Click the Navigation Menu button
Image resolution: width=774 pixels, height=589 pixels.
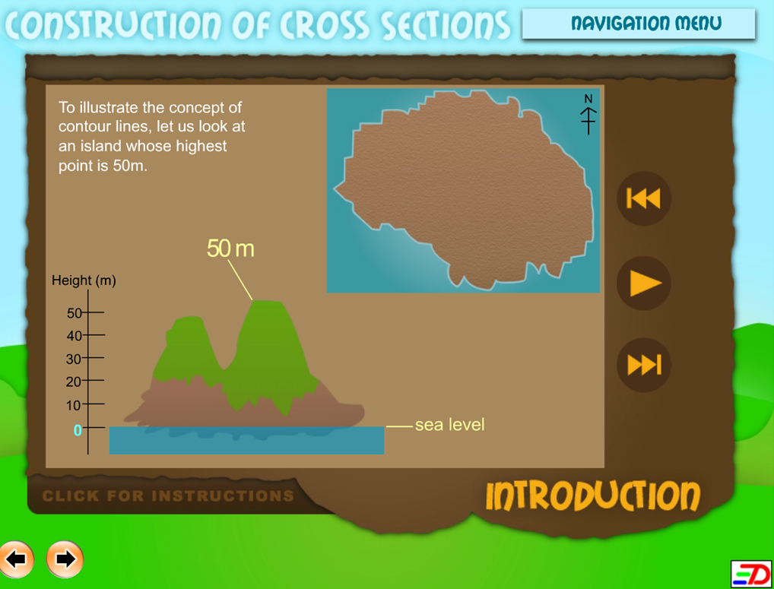[639, 24]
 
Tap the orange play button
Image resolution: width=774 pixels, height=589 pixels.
[644, 283]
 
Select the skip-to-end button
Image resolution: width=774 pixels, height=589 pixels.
[644, 365]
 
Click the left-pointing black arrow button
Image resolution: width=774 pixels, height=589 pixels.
[16, 559]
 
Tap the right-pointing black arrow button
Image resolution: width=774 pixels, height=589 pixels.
[65, 559]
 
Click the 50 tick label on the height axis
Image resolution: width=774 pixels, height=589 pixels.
[74, 313]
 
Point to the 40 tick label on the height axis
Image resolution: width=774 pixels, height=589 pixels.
[74, 336]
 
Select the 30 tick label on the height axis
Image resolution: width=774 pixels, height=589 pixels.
[74, 359]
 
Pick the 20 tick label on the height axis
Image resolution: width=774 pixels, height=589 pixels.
[74, 382]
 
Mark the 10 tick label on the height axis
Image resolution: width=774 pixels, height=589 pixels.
[74, 406]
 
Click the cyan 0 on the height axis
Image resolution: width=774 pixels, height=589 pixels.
[78, 430]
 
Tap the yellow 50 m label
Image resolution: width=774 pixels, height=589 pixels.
[230, 248]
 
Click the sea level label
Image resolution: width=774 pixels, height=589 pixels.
[449, 425]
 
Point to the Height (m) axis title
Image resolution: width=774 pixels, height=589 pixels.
[84, 280]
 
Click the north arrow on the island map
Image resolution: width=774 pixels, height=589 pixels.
[588, 115]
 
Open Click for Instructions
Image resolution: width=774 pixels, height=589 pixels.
[168, 496]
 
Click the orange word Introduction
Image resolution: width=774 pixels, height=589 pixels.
[593, 496]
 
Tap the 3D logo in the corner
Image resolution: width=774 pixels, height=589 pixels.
[751, 575]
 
